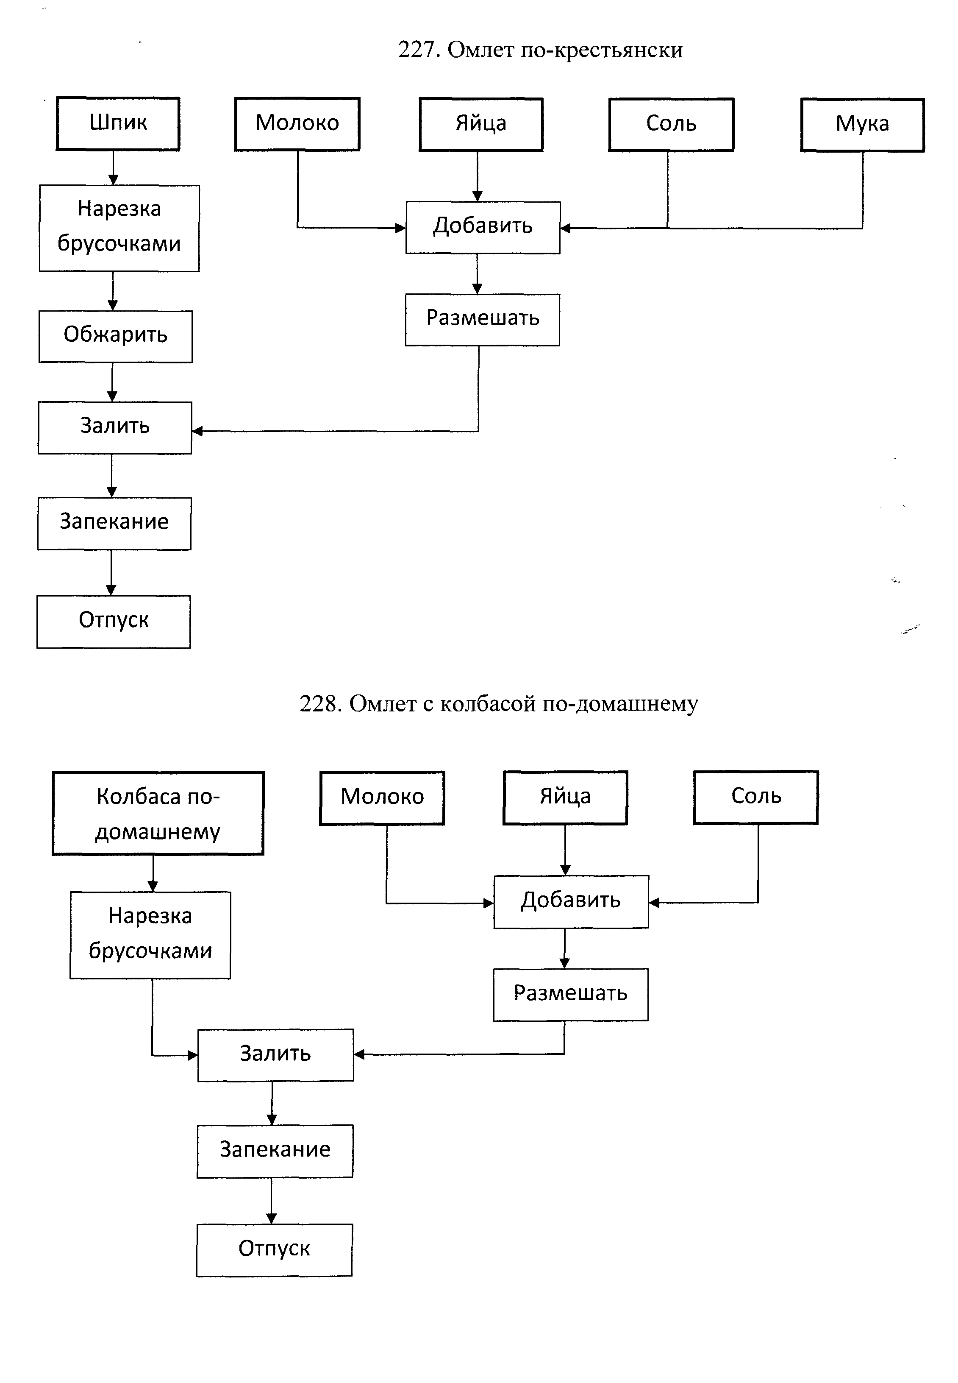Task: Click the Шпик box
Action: [118, 124]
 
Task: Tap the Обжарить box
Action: [115, 336]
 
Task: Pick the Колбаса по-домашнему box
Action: [158, 813]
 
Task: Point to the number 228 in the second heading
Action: [320, 703]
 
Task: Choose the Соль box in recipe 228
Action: [756, 797]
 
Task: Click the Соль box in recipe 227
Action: [671, 124]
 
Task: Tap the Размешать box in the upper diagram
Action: [483, 320]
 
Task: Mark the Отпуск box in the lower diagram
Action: [274, 1250]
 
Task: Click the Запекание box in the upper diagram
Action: [114, 523]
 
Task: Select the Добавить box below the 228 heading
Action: [571, 901]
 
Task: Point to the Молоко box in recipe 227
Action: [297, 124]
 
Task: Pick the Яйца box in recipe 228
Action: [565, 797]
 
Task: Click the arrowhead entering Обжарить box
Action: [112, 306]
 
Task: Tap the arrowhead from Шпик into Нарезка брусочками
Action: [113, 180]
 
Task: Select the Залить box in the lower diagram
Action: [275, 1055]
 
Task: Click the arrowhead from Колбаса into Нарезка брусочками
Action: [153, 886]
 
